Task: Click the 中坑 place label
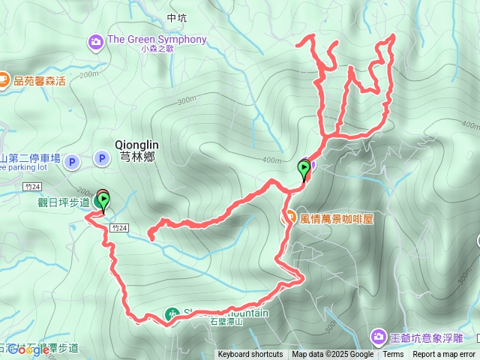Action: (176, 17)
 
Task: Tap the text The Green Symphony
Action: (157, 39)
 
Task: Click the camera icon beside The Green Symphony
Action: (95, 40)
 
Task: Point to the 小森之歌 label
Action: (157, 49)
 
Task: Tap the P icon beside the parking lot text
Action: (72, 160)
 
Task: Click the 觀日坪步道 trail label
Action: (63, 202)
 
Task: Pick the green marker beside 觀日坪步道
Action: (103, 200)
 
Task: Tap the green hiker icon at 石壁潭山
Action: (172, 313)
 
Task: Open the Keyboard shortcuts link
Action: (250, 355)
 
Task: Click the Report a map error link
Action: (444, 355)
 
